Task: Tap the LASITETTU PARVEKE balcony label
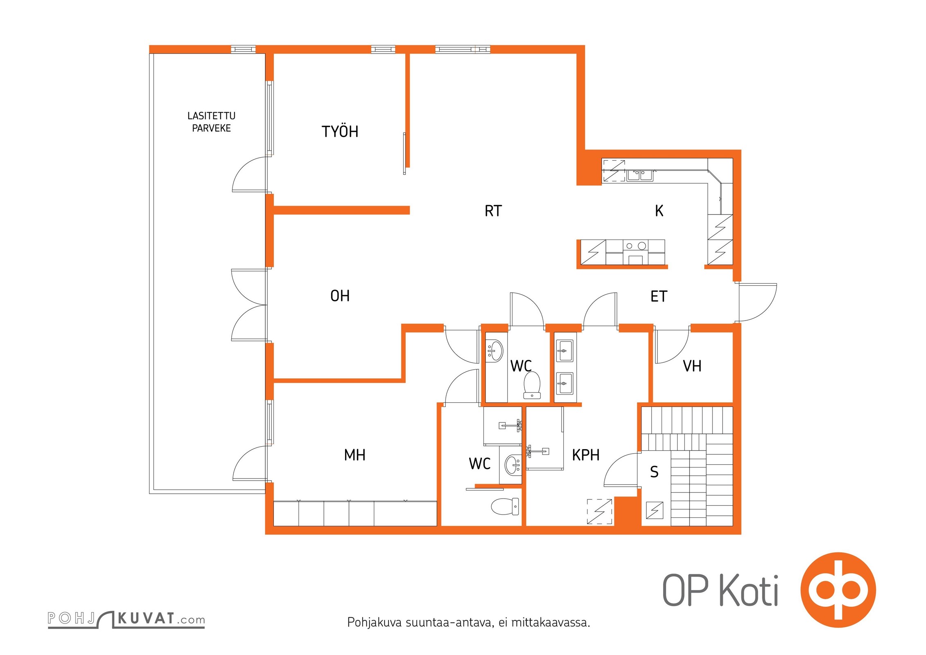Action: pos(211,122)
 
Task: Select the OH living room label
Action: pos(340,296)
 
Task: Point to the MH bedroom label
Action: pos(355,455)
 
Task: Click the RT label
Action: pos(493,211)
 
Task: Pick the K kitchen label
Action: pos(659,211)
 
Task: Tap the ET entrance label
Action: pos(659,296)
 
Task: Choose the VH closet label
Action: pos(692,366)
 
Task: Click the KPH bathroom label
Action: pos(585,455)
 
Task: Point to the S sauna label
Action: pos(654,472)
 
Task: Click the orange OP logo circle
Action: pos(838,589)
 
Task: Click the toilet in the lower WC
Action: pos(505,506)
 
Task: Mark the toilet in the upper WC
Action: pos(532,385)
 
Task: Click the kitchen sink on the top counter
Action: pos(639,175)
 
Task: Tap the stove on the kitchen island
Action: pos(635,252)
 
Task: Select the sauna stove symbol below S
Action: pos(654,510)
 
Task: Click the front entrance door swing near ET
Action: pos(757,303)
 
